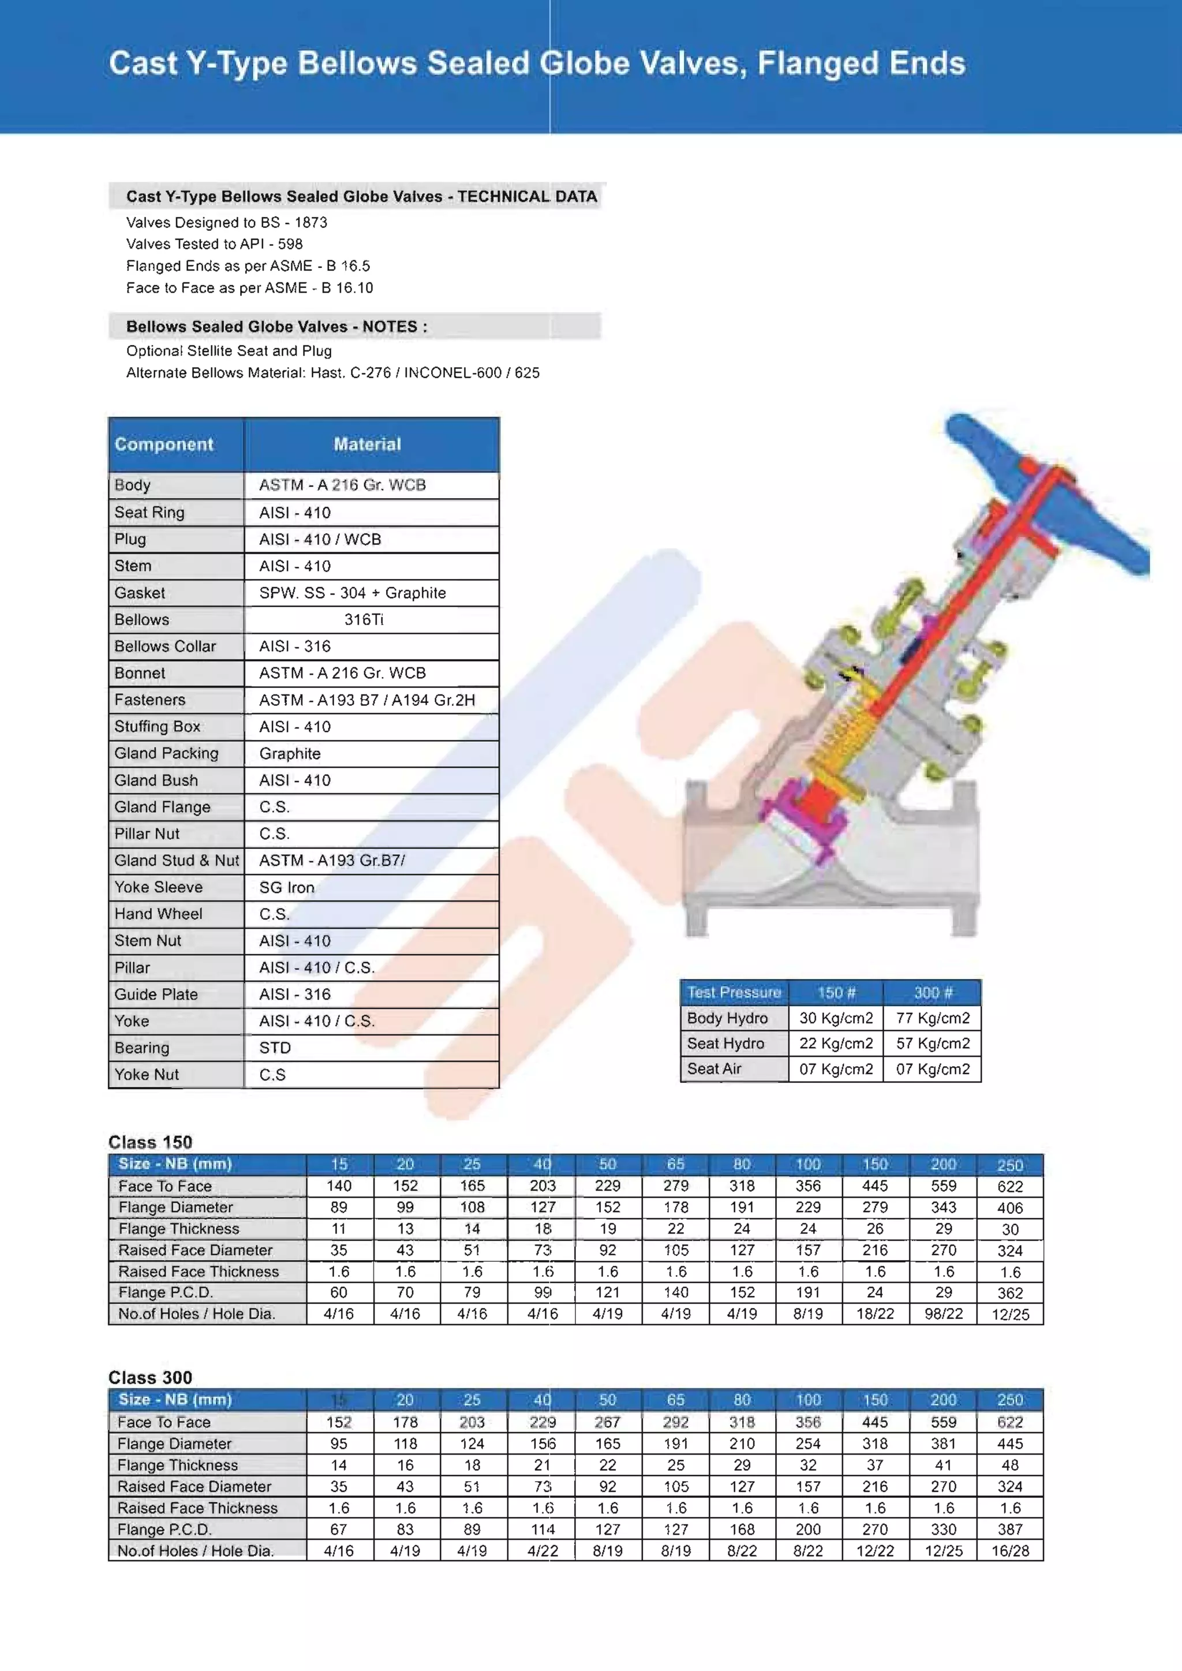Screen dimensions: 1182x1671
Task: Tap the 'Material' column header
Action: (367, 444)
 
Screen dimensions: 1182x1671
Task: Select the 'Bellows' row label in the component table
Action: (142, 619)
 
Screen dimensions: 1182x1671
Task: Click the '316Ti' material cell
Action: (364, 619)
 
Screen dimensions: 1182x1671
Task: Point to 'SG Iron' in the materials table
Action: (287, 887)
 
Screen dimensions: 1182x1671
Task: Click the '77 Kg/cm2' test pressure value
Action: (933, 1018)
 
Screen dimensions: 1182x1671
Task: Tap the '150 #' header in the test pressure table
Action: (836, 992)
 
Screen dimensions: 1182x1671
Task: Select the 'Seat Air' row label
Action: (714, 1068)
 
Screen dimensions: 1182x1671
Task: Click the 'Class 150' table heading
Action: (150, 1141)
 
